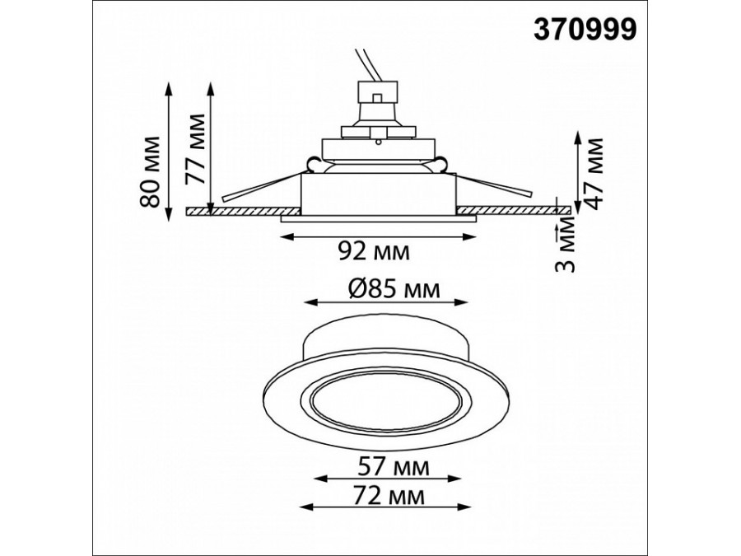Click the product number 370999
tap(585, 30)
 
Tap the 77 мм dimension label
tap(194, 149)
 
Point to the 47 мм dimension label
tap(592, 174)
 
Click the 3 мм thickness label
tap(566, 244)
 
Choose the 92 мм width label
tap(374, 252)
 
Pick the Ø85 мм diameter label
tap(394, 289)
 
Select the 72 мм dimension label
tap(388, 496)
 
